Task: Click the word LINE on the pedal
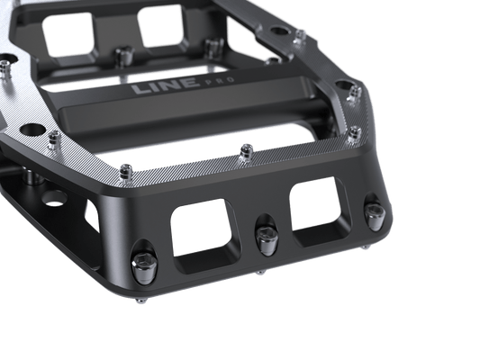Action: (x=164, y=85)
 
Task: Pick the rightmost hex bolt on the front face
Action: (x=373, y=216)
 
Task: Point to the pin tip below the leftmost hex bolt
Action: (x=141, y=301)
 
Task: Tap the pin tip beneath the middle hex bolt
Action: (x=259, y=272)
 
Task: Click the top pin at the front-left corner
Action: (x=125, y=174)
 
